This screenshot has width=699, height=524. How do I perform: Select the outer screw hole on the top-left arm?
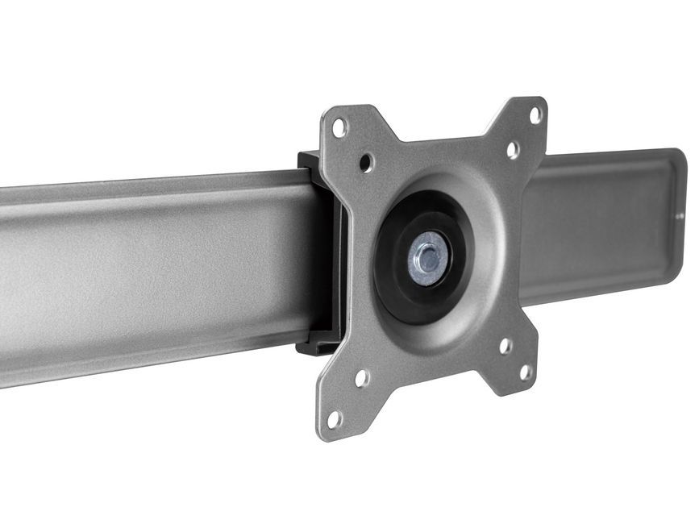[x=339, y=127]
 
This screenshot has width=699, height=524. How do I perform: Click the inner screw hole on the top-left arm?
[x=366, y=162]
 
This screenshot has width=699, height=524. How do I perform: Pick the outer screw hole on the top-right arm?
[x=535, y=115]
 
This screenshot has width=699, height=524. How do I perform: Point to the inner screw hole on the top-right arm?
[x=512, y=149]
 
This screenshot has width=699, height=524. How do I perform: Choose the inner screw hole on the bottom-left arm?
[x=362, y=377]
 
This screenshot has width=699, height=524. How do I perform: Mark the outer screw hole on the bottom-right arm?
[x=526, y=372]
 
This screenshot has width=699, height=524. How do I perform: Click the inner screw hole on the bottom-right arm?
[x=505, y=346]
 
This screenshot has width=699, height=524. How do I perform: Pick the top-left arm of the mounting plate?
[x=352, y=141]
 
